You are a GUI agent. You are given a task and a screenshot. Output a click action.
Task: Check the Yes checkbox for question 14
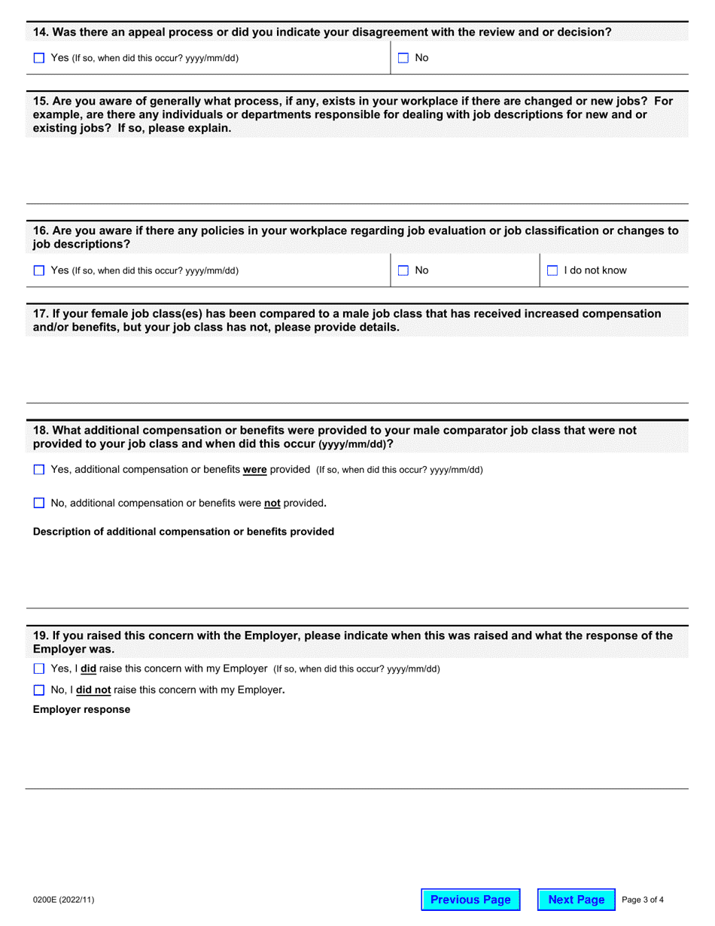point(39,58)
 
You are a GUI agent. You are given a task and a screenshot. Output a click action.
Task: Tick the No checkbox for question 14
point(403,58)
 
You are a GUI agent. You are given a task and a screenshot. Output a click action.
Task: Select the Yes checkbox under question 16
point(39,270)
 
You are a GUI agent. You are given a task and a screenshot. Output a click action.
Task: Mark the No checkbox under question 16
point(403,270)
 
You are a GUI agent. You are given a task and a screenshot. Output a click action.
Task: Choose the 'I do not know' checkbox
point(552,270)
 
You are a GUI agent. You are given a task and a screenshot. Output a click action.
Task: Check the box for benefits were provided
point(39,470)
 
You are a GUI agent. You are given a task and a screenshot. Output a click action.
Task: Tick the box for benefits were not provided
point(39,503)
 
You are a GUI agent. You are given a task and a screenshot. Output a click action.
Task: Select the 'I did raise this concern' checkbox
point(39,669)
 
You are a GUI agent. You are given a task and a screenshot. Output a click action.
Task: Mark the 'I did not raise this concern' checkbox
point(39,690)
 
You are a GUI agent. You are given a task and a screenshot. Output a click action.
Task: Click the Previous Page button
point(470,900)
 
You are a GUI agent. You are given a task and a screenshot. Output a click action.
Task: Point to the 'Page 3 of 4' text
point(643,900)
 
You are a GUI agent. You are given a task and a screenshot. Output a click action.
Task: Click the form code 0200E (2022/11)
point(64,900)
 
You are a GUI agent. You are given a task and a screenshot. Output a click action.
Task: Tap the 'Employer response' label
point(81,709)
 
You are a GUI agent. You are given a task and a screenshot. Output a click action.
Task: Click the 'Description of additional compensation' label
point(183,532)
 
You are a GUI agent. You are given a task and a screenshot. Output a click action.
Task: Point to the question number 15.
point(41,100)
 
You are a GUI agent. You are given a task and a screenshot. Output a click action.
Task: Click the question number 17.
point(41,313)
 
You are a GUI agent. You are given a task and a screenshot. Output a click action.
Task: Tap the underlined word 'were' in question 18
point(254,470)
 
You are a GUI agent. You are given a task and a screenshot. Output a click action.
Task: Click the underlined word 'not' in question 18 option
point(272,503)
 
